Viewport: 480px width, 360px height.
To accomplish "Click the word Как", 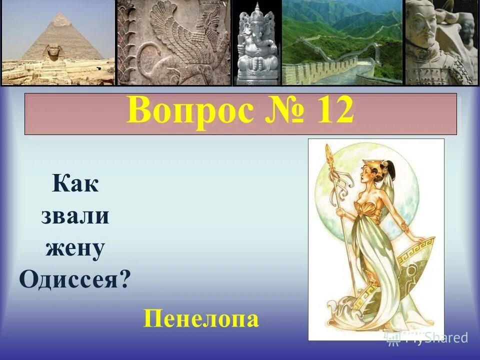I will click(75, 185).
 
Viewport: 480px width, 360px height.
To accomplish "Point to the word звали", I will click(75, 216).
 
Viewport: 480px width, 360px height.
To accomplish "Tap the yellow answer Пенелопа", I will click(201, 318).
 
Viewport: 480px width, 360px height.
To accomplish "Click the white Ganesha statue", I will click(256, 45).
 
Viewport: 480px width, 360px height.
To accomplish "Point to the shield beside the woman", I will click(410, 265).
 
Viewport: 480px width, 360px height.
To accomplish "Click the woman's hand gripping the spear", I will click(341, 212).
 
